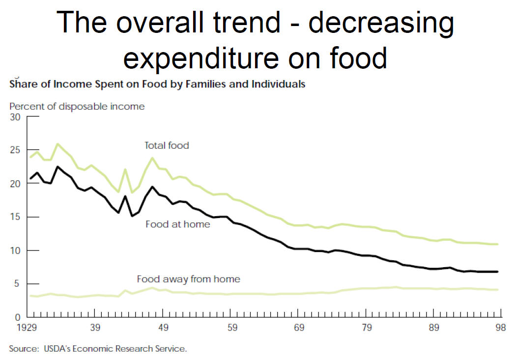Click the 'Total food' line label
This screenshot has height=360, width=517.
click(167, 145)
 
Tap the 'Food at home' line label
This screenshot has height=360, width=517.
click(177, 224)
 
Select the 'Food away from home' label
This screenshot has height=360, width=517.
click(188, 279)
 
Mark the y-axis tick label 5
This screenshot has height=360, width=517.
click(17, 283)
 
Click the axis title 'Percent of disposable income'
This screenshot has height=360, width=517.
click(77, 106)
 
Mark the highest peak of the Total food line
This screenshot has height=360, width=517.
click(58, 144)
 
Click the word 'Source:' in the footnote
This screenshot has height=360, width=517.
click(24, 349)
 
